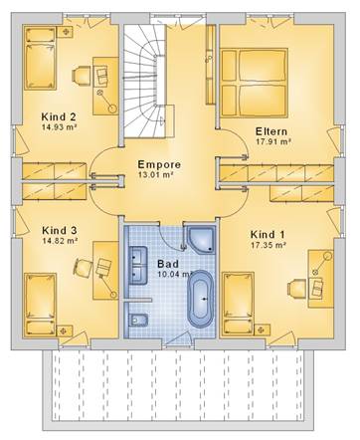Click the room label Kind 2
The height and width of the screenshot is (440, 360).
pos(59,116)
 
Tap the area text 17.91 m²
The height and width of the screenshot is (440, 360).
pos(273,141)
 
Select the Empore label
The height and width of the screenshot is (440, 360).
pos(159,164)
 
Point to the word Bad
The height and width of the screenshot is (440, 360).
pos(168,264)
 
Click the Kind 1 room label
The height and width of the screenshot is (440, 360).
pos(268,235)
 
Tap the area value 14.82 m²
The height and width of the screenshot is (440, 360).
pos(60,241)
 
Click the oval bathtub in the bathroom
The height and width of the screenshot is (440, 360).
pos(200,299)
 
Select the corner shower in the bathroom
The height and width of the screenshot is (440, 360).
pos(202,240)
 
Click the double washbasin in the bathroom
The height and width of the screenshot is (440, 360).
pos(137,266)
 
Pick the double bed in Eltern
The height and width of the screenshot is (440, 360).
pos(254,83)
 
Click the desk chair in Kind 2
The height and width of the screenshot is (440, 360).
pos(81,75)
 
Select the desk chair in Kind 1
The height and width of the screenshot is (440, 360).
pos(296,288)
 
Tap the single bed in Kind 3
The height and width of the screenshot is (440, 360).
pos(40,305)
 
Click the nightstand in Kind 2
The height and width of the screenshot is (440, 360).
pos(66,32)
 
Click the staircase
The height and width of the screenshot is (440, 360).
pos(145,81)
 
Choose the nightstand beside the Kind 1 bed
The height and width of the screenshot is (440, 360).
pos(262,330)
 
